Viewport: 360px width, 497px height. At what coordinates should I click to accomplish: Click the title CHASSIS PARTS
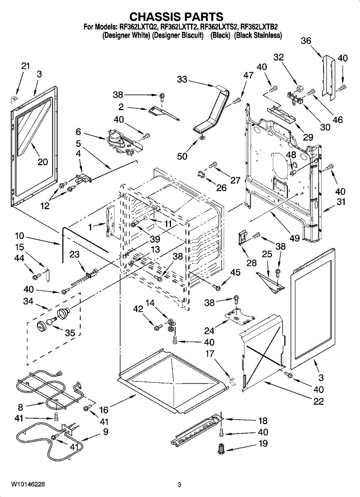[176, 17]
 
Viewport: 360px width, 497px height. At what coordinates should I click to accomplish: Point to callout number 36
[306, 41]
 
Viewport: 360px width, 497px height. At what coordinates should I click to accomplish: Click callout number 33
[182, 80]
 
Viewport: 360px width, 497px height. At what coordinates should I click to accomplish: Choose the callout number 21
[26, 66]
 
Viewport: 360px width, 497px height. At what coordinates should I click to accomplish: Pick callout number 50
[182, 156]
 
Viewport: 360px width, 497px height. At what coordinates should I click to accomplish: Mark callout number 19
[263, 444]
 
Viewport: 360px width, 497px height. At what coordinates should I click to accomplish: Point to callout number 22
[319, 401]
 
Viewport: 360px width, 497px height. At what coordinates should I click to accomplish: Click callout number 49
[295, 239]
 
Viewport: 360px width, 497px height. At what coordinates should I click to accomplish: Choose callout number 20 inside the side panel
[43, 162]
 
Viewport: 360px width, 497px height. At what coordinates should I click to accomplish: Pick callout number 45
[235, 272]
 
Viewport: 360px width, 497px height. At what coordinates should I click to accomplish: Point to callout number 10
[19, 236]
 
